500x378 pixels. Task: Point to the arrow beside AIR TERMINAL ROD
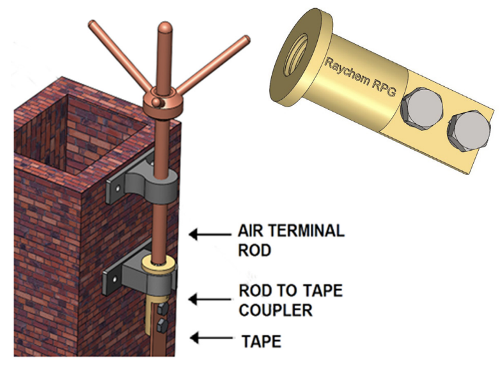tap(206, 235)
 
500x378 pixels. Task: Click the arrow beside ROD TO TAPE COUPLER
tap(206, 298)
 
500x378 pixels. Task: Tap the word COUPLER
tap(276, 310)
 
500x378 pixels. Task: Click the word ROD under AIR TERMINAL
tap(254, 250)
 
